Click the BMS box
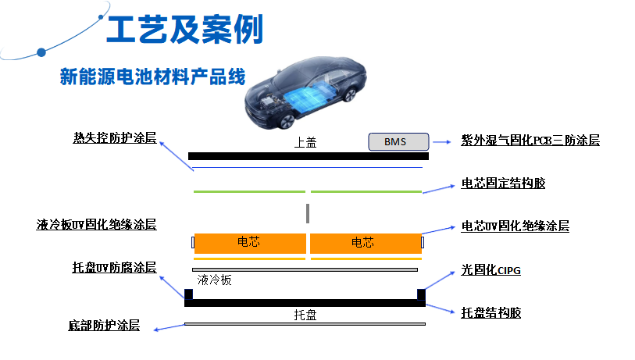click(x=398, y=141)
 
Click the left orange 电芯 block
click(x=250, y=243)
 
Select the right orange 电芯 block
click(x=366, y=243)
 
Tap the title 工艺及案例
click(x=184, y=29)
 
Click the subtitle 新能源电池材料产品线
click(x=152, y=77)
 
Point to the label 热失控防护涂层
click(x=115, y=137)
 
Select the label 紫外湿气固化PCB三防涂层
click(x=530, y=140)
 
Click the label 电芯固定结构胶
click(x=503, y=183)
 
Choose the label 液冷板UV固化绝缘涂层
click(x=96, y=224)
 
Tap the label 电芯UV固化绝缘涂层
click(x=515, y=226)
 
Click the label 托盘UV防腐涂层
click(x=114, y=267)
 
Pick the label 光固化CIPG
click(x=491, y=269)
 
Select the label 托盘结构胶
click(x=491, y=312)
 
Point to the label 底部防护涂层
click(x=104, y=325)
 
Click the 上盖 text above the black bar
click(x=305, y=142)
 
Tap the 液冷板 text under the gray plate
click(x=214, y=280)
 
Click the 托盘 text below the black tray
click(x=305, y=315)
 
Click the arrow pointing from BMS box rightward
click(x=442, y=142)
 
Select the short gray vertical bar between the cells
click(x=308, y=213)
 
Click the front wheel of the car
click(x=287, y=121)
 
